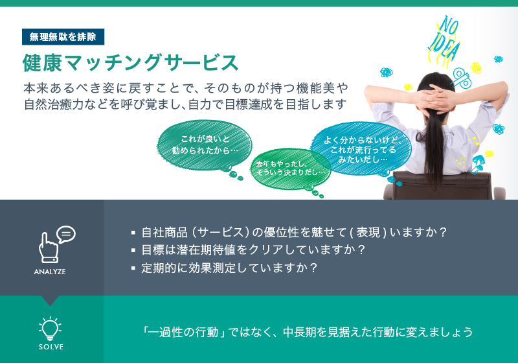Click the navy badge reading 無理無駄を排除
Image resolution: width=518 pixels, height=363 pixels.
point(63,37)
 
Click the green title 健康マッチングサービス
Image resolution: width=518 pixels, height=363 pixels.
point(131,62)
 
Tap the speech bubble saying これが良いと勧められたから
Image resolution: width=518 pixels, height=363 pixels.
point(204,145)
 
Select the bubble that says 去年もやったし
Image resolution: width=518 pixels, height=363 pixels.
point(290,169)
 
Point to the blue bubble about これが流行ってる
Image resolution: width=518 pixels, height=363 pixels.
point(361,149)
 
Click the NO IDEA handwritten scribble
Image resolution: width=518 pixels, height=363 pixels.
point(444,40)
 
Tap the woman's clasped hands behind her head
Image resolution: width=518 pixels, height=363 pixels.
point(433,99)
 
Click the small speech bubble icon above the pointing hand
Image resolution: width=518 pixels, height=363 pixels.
point(66,235)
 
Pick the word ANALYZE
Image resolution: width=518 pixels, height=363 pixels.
point(50,272)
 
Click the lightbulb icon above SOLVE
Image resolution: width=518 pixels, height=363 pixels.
point(51,328)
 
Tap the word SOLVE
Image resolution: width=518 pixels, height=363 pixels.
point(51,347)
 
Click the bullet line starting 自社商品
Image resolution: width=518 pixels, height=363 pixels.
point(289,233)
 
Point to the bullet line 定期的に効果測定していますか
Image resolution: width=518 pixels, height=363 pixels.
point(224,268)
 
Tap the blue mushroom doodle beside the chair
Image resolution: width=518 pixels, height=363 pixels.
point(478,163)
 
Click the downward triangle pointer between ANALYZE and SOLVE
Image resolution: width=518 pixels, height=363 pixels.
point(51,301)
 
